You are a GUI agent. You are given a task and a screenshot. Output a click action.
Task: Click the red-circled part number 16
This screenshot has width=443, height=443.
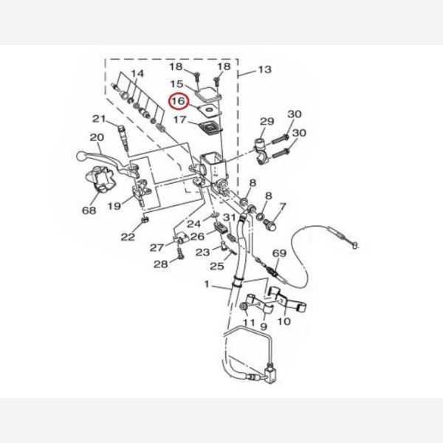tap(178, 102)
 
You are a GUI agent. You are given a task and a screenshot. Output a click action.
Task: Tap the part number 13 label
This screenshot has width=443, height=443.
tap(264, 69)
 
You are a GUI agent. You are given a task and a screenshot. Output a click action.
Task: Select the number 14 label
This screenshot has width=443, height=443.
tap(137, 73)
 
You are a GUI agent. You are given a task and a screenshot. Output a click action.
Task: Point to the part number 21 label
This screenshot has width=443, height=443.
tap(100, 119)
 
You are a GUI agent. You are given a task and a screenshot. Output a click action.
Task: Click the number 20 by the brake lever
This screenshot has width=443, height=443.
tap(96, 137)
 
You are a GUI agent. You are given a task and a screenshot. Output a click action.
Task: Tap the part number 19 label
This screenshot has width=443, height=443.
tap(114, 207)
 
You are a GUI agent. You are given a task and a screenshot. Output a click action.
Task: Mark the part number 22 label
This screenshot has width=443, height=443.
tap(128, 236)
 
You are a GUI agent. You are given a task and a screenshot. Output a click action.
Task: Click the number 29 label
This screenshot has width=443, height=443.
tap(267, 121)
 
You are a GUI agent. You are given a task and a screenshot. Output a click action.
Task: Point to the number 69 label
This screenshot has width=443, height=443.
tap(278, 253)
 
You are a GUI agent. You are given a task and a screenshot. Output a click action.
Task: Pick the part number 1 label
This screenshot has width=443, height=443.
tap(207, 284)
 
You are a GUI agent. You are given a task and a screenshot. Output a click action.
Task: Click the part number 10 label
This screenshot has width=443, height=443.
tap(284, 321)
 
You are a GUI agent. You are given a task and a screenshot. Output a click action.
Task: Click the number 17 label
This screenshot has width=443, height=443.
tap(181, 119)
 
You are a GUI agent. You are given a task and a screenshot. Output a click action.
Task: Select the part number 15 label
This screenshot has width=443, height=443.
tap(178, 85)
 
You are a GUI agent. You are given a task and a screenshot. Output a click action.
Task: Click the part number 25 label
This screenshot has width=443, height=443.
tap(216, 267)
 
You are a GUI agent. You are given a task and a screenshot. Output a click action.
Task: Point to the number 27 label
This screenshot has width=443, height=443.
tap(157, 247)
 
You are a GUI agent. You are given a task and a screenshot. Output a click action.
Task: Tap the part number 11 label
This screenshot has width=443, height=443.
tap(249, 323)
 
